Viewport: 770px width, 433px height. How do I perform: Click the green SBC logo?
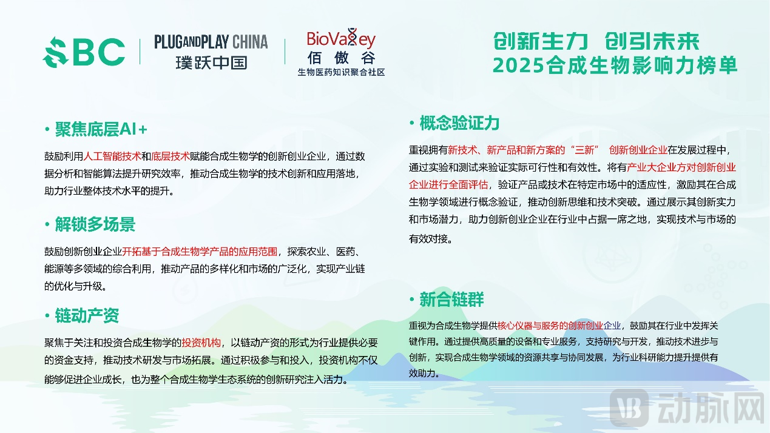point(84,52)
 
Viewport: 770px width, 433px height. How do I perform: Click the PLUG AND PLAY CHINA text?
point(211,42)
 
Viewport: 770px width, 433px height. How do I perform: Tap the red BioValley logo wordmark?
point(341,39)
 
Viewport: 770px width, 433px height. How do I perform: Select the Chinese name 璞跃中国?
point(211,62)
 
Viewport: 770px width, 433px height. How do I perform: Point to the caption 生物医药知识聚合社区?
point(341,72)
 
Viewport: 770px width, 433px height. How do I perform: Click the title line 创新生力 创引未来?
point(596,42)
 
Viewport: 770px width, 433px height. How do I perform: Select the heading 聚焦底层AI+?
point(101,129)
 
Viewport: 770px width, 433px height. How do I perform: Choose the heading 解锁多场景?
point(95,224)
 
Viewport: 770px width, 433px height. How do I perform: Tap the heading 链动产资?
point(87,315)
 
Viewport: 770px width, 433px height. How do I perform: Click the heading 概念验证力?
point(459,123)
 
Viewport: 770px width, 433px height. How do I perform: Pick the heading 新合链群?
point(451,299)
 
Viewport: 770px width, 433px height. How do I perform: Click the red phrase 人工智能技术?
point(113,156)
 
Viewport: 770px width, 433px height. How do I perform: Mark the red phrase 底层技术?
point(171,156)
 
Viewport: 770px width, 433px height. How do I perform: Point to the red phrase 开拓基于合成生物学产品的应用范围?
point(200,251)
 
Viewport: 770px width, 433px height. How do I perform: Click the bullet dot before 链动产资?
point(47,316)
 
